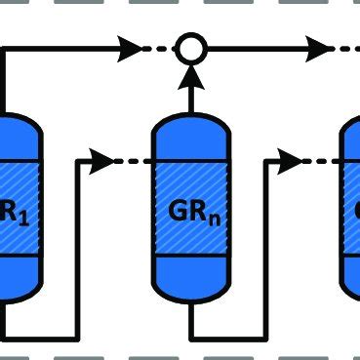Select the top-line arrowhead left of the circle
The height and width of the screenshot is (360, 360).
coord(129,45)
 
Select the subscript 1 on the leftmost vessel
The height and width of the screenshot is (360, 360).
coord(20,216)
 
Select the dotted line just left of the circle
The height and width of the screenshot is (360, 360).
coord(156,45)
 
